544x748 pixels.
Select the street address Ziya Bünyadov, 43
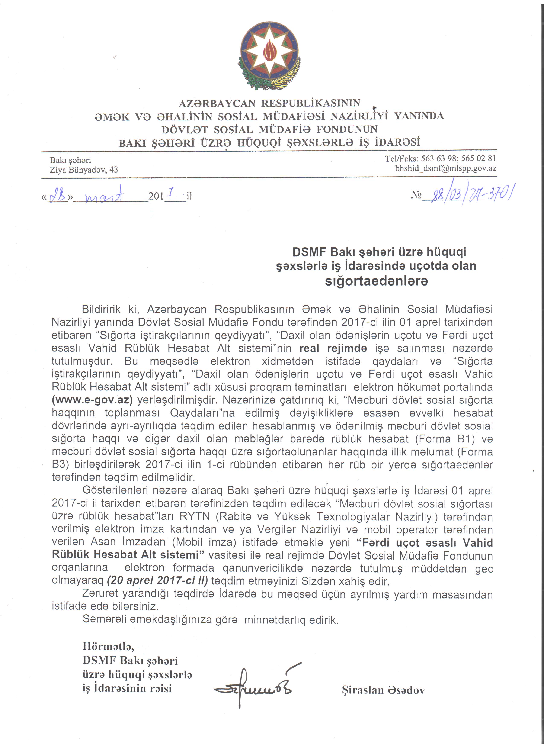point(84,170)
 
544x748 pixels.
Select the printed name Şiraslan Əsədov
point(383,690)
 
